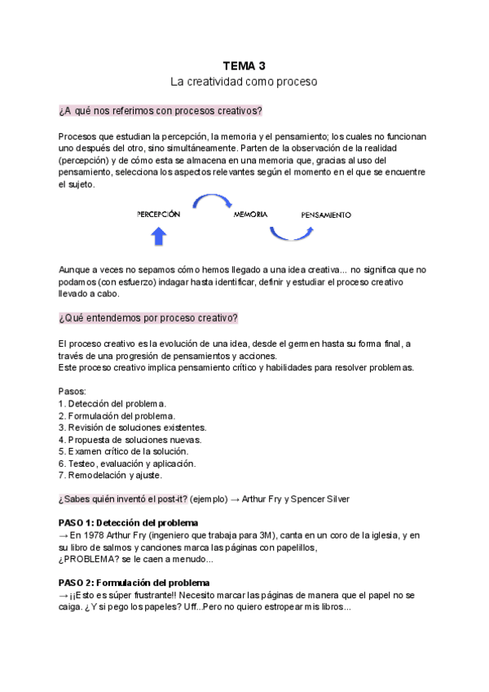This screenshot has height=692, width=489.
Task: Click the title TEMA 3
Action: coord(244,65)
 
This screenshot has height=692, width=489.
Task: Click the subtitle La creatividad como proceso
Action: coord(244,82)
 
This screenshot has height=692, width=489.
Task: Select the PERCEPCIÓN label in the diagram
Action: coord(158,215)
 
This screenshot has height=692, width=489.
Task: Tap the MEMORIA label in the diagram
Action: coord(251,215)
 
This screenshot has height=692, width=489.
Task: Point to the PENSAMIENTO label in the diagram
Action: coord(326,215)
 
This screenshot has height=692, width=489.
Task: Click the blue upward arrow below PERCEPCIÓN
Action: coord(159,237)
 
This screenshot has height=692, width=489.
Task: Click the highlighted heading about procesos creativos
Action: coord(161,111)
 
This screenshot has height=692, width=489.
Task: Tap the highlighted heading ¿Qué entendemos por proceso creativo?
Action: coord(148,318)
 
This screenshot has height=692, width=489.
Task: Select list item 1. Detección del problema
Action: coord(112,403)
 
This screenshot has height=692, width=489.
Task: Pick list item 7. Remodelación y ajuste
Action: coord(111,475)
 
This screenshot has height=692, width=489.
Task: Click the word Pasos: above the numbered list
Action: coord(73,391)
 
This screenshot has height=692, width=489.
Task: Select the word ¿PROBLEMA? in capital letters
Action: coord(90,559)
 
